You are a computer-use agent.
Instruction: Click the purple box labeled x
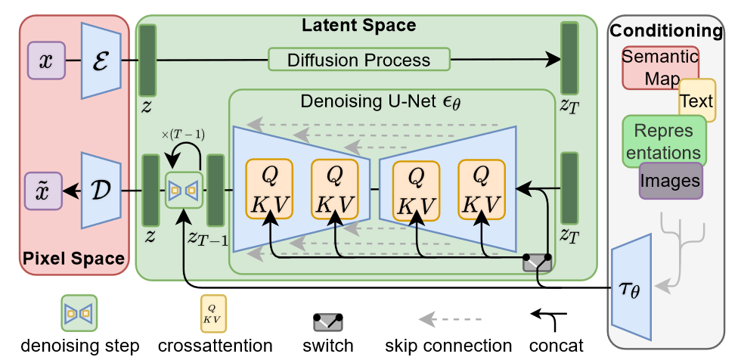coord(46,60)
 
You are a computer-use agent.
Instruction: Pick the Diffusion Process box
coord(358,60)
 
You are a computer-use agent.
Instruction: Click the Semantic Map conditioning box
coord(659,67)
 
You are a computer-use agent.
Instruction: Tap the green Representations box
coord(663,141)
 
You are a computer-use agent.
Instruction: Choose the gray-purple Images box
coord(669,182)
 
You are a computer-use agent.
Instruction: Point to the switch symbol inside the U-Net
coord(537,262)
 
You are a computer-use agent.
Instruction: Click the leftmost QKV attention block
coord(268,189)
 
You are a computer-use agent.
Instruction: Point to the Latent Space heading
coord(358,26)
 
